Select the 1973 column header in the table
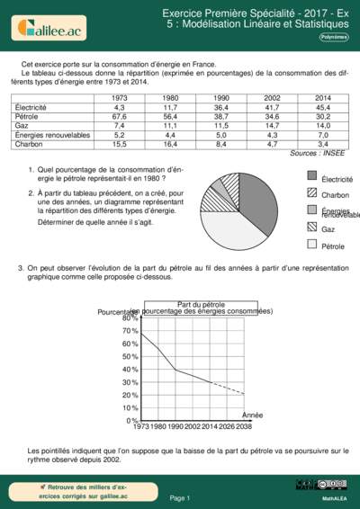point(119,97)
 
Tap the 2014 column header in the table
point(323,97)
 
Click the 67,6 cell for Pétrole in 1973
point(119,116)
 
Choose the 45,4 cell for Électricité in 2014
point(323,107)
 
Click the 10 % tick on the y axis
point(130,407)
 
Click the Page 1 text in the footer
point(179,497)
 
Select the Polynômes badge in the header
point(334,37)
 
